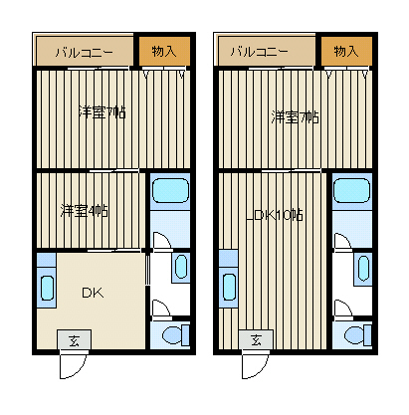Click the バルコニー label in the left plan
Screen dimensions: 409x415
(85, 53)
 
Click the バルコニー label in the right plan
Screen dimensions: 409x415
(260, 52)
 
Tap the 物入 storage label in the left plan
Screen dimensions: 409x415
(164, 51)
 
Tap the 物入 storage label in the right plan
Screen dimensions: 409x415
(346, 51)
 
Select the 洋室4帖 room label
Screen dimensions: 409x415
(85, 211)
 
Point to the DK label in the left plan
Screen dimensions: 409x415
(93, 293)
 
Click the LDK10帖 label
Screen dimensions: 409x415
(274, 216)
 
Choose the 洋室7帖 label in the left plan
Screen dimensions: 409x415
(102, 112)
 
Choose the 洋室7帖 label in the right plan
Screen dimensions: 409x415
(295, 117)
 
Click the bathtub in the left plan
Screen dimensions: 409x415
(170, 190)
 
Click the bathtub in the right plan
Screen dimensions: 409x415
(351, 190)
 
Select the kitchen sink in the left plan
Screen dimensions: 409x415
(47, 288)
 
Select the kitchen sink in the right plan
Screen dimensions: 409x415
(229, 287)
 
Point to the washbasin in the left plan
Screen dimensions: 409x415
(181, 267)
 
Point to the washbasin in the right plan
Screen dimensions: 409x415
(363, 268)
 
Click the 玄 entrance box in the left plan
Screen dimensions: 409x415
(74, 339)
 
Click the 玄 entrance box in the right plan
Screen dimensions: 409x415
(256, 339)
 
